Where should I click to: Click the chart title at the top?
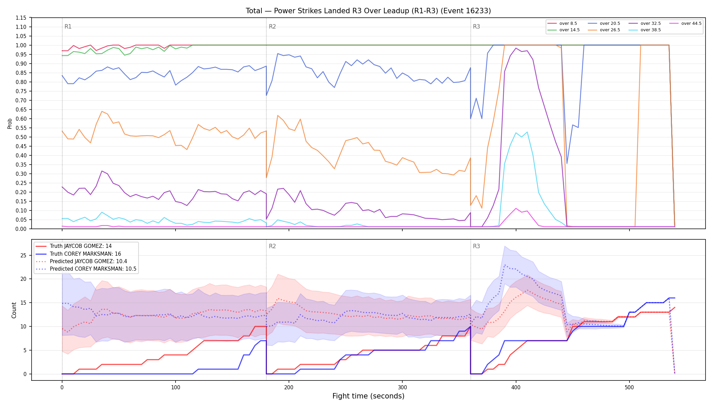point(368,11)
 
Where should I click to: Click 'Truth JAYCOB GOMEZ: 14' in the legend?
point(74,246)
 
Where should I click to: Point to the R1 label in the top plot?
point(68,27)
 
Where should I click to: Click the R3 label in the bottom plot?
point(476,246)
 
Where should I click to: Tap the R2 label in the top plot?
point(272,27)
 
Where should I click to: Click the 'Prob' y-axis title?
point(10,123)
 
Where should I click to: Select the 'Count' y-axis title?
point(14,310)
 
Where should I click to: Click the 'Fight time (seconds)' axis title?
point(368,396)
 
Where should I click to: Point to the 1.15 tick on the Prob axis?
point(21,18)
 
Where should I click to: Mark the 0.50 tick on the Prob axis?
point(21,137)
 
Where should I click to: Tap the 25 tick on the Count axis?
point(23,255)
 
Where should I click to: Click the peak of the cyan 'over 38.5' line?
point(527,132)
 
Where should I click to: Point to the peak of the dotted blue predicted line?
point(505,265)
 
